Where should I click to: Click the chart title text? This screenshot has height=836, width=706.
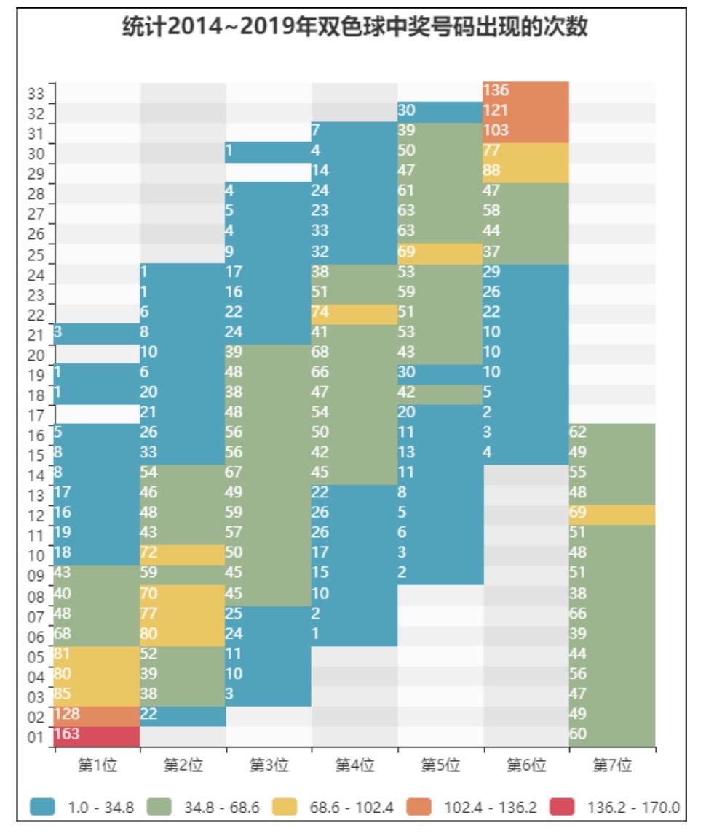point(354,28)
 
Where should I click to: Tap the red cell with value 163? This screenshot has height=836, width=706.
point(98,735)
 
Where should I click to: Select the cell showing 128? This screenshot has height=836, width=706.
point(98,715)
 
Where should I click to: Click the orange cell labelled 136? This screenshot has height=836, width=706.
point(525,92)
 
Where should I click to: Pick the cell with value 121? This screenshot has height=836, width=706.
point(525,112)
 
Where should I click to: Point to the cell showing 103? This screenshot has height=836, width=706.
point(525,132)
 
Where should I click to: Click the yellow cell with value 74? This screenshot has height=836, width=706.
point(354,313)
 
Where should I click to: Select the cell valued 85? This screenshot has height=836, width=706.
point(98,694)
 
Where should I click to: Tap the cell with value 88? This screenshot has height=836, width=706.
point(525,172)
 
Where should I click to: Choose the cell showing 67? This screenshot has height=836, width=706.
point(269,473)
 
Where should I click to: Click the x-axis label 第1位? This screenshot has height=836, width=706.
point(98,765)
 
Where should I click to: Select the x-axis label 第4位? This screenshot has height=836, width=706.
point(354,765)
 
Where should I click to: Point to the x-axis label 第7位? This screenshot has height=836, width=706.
point(611,765)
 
